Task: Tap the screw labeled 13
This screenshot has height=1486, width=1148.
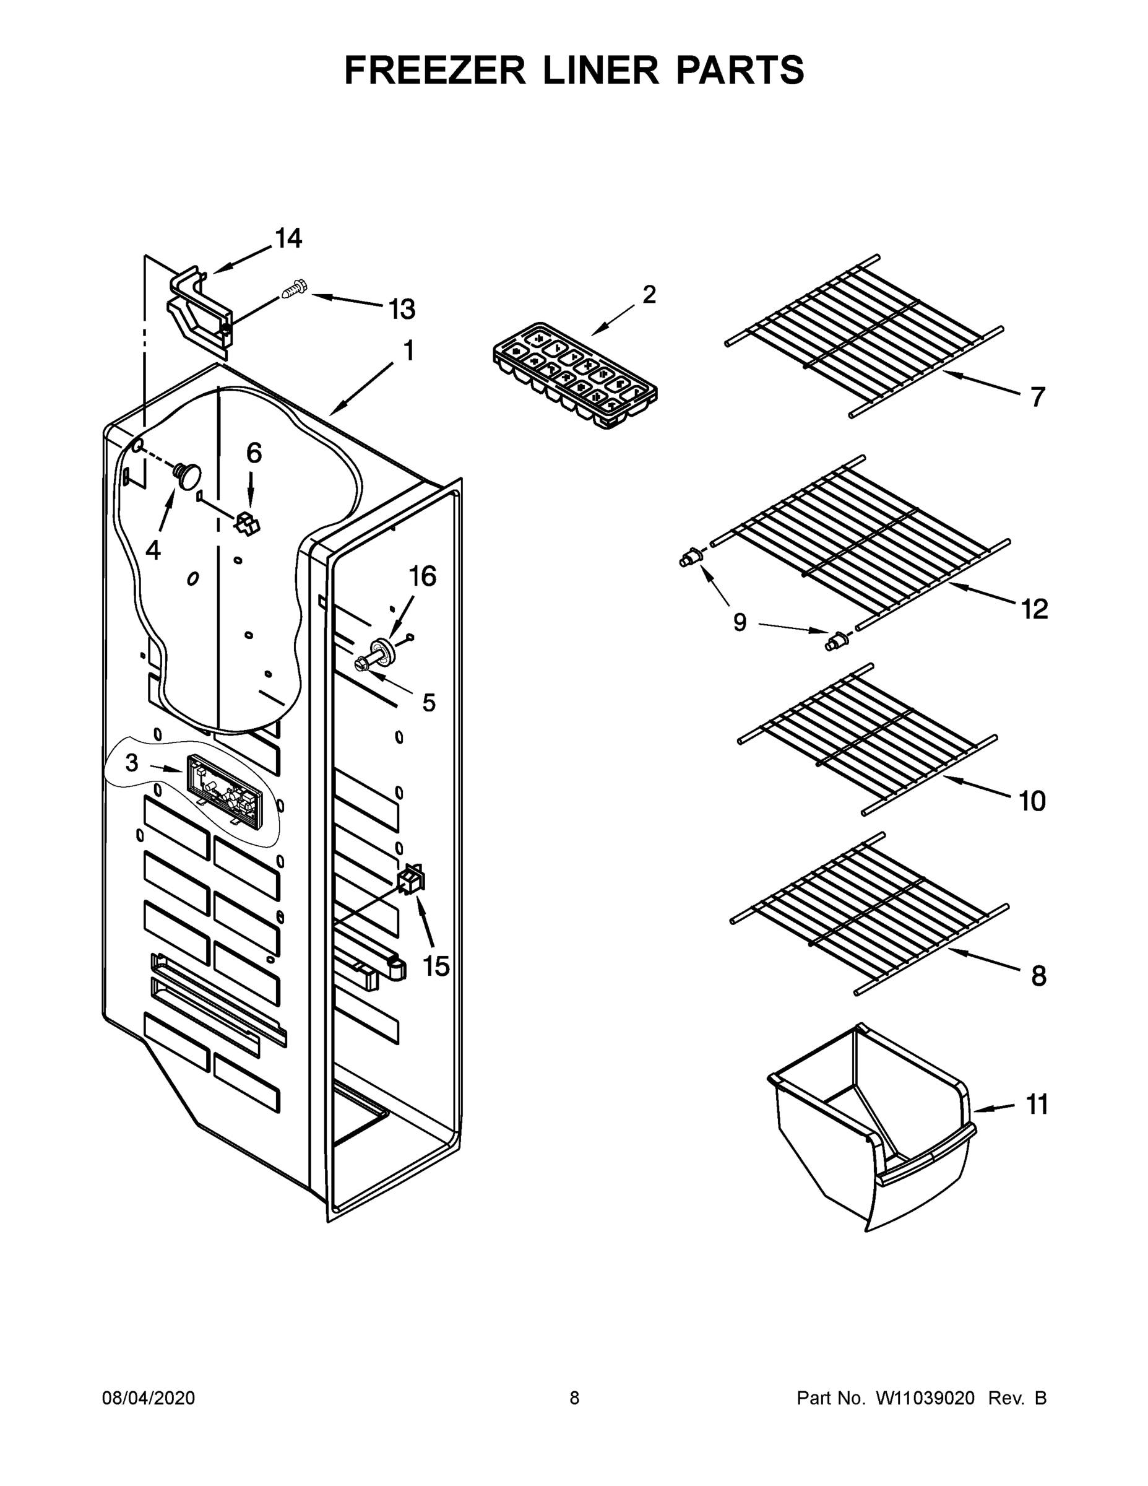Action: click(x=294, y=290)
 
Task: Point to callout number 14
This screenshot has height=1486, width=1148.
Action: click(x=288, y=238)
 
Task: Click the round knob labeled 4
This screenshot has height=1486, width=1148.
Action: click(x=187, y=473)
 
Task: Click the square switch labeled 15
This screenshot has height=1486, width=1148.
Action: click(x=412, y=879)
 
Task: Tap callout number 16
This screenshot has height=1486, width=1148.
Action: click(x=422, y=576)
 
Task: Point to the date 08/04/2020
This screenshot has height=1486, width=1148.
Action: click(x=149, y=1398)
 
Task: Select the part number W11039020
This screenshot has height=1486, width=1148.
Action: click(x=925, y=1398)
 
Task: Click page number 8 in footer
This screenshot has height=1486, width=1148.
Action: click(x=575, y=1398)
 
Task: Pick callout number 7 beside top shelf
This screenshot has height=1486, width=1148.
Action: click(x=1037, y=397)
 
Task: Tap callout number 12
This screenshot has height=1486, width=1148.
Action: click(x=1034, y=609)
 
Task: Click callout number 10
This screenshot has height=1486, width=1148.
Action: click(x=1032, y=802)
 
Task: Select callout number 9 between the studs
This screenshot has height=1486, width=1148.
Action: click(x=740, y=622)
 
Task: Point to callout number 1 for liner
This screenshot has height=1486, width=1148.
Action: click(x=408, y=351)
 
